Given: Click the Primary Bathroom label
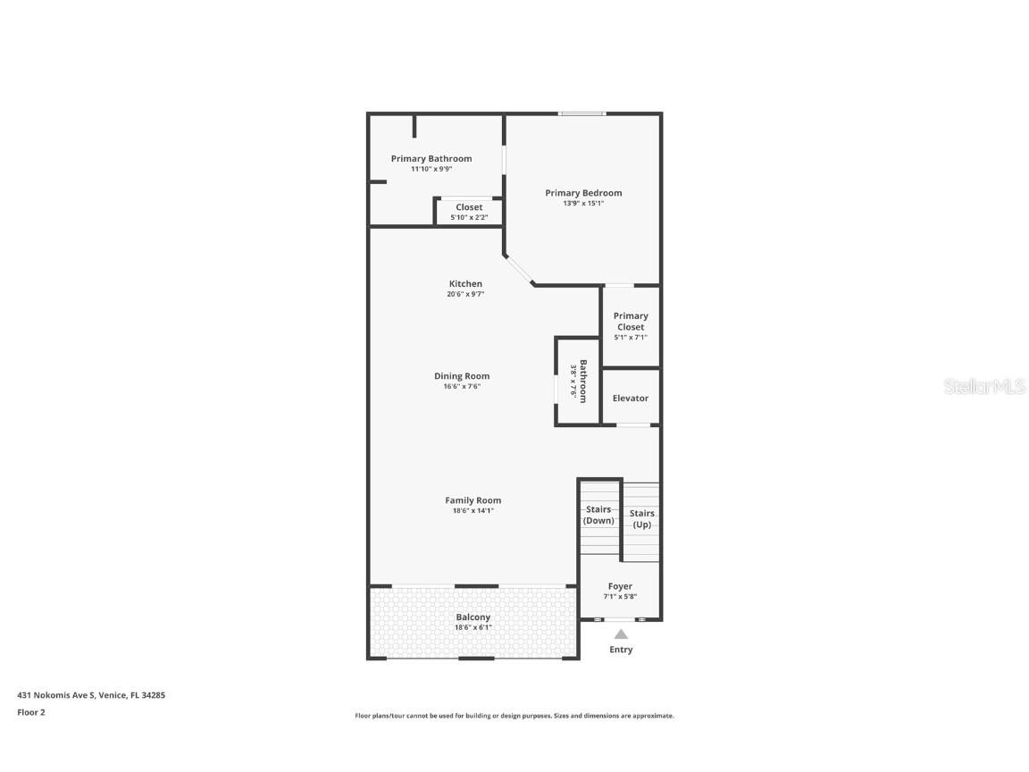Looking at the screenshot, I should [431, 159].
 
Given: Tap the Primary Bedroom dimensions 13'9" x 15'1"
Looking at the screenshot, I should [583, 204].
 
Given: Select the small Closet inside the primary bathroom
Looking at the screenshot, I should [469, 212].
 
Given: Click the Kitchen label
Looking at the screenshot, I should [465, 284].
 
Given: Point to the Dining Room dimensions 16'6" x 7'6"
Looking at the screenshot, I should [462, 387].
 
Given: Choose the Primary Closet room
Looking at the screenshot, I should [631, 326].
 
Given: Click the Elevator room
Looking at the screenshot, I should [631, 398].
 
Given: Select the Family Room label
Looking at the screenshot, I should [473, 500].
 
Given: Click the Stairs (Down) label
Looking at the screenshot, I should [598, 515].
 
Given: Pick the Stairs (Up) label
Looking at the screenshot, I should [641, 518].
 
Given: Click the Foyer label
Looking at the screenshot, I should [620, 587].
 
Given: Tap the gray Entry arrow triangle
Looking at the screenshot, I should [621, 634].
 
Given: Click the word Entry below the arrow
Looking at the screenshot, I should [621, 650].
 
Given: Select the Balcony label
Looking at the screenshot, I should [473, 617].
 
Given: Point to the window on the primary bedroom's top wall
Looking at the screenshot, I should [582, 113].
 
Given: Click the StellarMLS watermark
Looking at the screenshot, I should [983, 387].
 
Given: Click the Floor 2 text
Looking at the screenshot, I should [30, 712].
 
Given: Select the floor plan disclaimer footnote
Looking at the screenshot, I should [514, 716].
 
